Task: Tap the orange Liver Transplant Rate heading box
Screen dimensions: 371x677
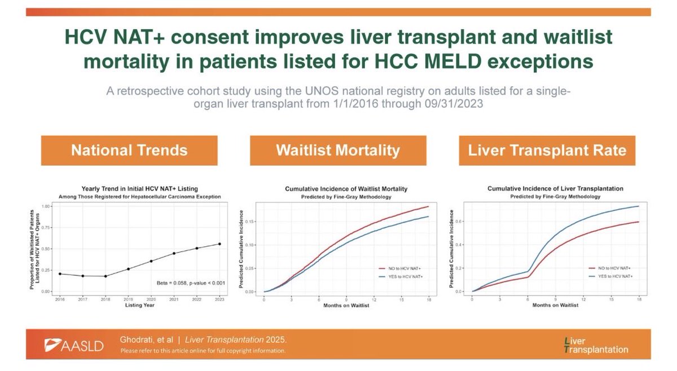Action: [x=547, y=151]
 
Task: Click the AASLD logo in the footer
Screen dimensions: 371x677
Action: [x=74, y=346]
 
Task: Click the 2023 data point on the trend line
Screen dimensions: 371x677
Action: [x=219, y=244]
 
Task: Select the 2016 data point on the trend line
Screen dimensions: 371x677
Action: [x=60, y=274]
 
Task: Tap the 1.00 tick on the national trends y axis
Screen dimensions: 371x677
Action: [x=50, y=207]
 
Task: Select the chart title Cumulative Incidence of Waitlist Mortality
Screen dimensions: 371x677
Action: [x=346, y=188]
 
